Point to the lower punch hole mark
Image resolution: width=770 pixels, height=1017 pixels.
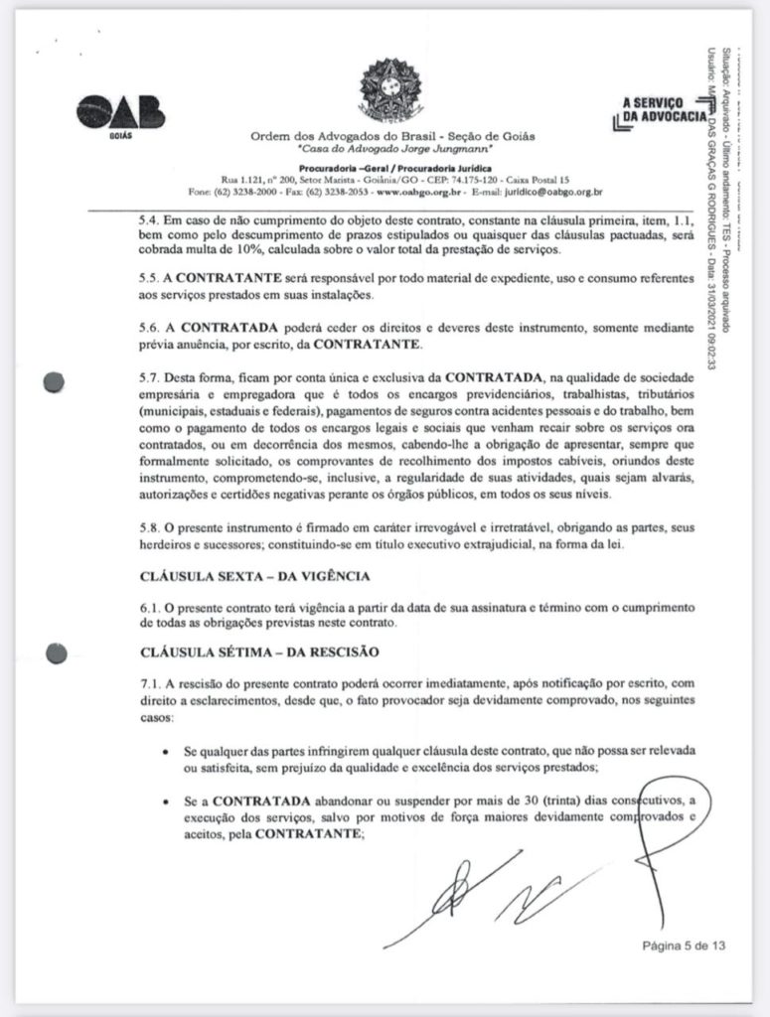(57, 653)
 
